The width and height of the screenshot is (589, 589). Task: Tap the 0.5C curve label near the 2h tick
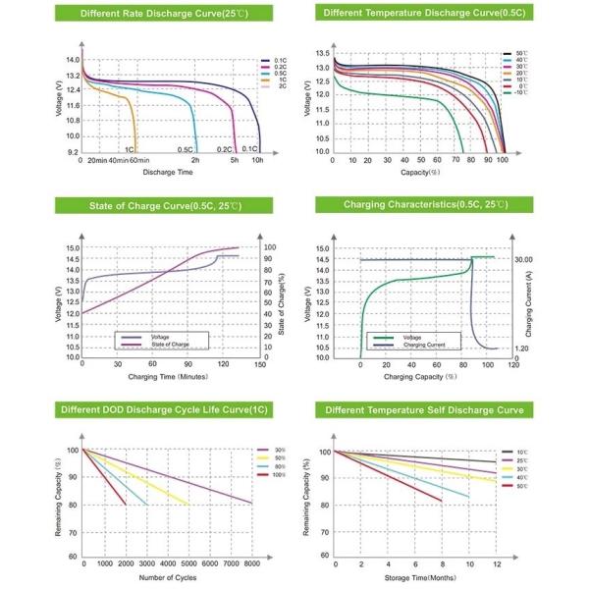click(x=185, y=149)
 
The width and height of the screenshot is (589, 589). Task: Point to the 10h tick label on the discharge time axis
click(x=257, y=160)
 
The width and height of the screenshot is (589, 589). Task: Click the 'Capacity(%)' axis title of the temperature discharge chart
click(x=420, y=172)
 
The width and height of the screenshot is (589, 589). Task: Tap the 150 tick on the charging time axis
click(x=259, y=364)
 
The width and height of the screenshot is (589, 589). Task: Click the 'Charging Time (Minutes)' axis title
click(x=164, y=376)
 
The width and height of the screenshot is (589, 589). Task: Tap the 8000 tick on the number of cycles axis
click(x=251, y=564)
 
